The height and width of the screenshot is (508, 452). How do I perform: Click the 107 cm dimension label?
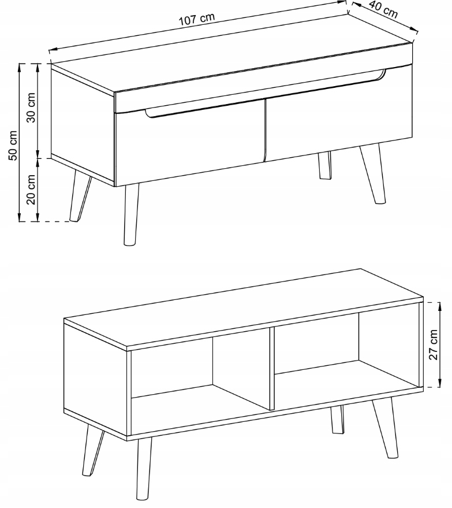click(197, 19)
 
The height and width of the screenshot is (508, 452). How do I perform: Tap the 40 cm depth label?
click(383, 9)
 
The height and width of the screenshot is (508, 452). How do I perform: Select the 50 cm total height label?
click(13, 146)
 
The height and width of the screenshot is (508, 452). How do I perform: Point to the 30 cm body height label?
click(31, 107)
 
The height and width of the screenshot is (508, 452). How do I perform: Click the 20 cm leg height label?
click(31, 190)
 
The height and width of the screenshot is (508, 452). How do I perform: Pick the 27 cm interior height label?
click(433, 344)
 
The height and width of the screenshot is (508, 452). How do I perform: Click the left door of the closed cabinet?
click(190, 143)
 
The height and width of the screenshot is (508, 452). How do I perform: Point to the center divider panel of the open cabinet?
click(272, 369)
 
